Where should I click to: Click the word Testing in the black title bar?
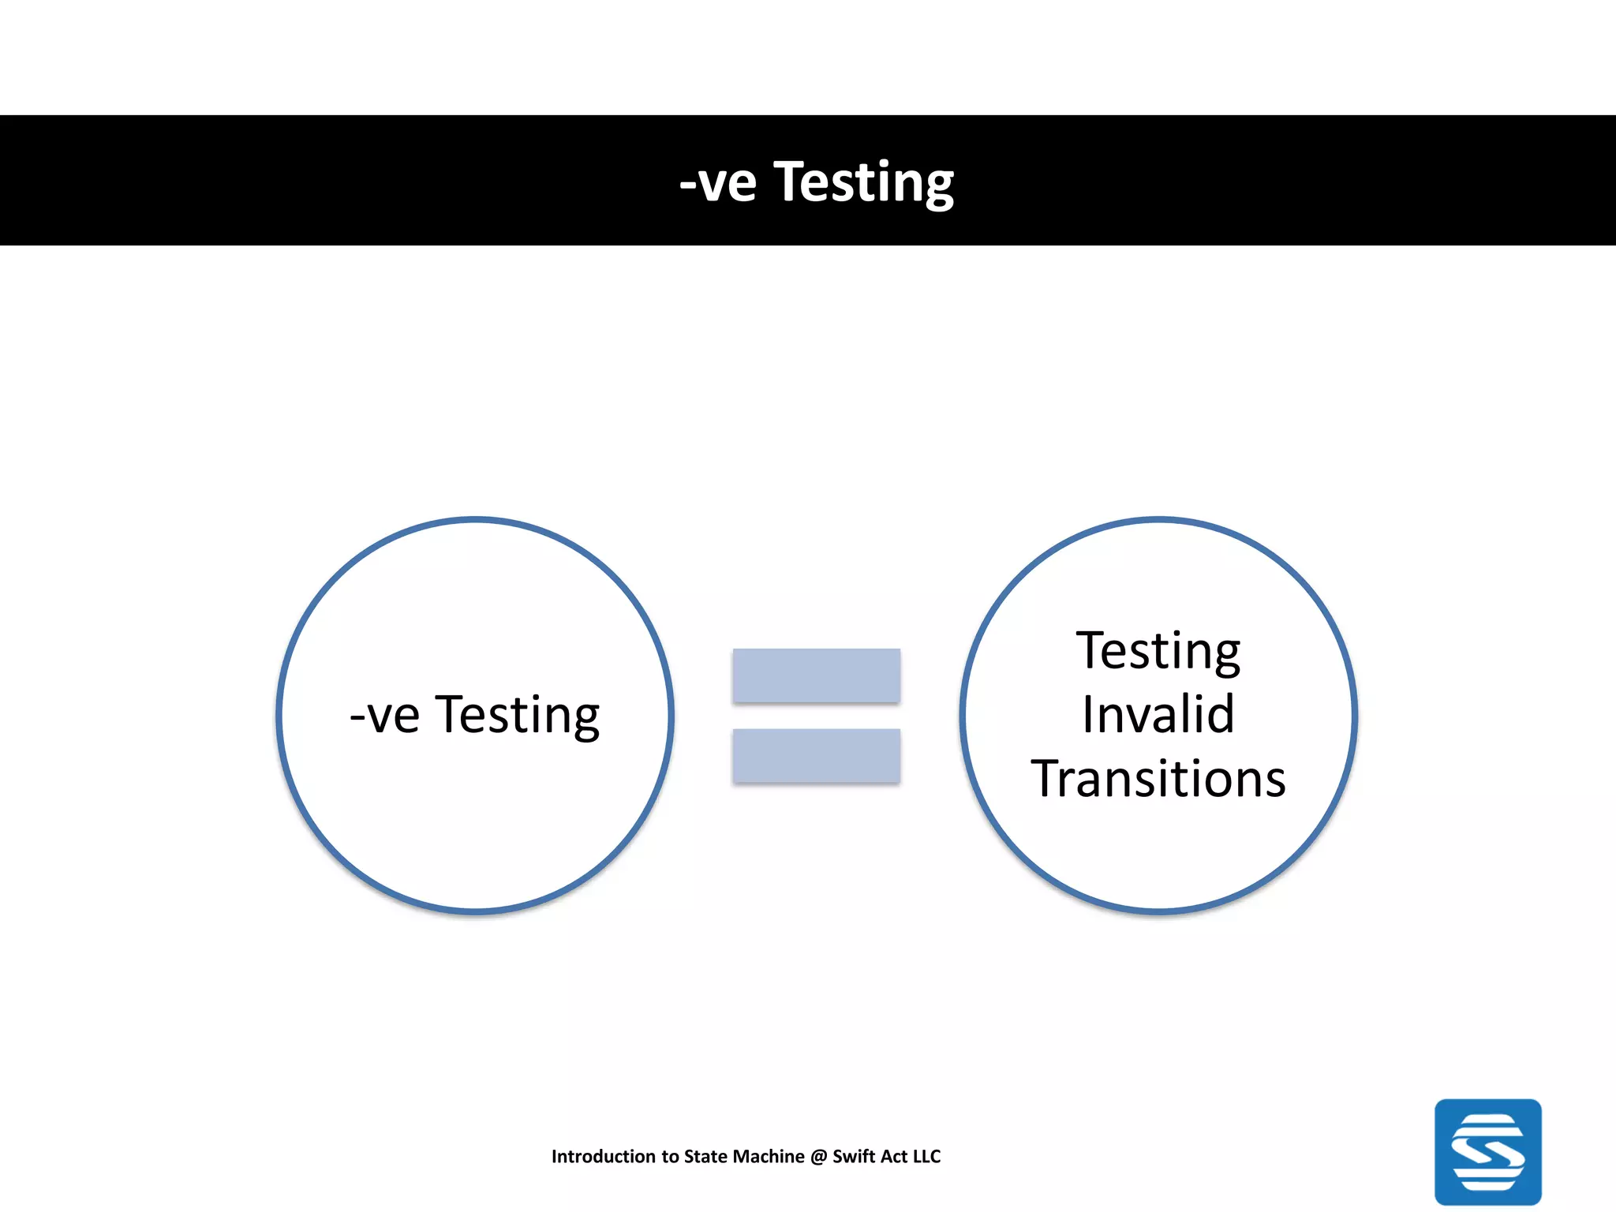pyautogui.click(x=863, y=183)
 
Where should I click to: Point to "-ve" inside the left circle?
pyautogui.click(x=384, y=716)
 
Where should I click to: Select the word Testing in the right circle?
pyautogui.click(x=1158, y=652)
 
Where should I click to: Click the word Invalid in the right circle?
pyautogui.click(x=1158, y=715)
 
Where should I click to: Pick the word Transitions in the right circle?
pyautogui.click(x=1158, y=780)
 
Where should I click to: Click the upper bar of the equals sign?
pyautogui.click(x=816, y=675)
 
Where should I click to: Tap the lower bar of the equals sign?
pyautogui.click(x=816, y=756)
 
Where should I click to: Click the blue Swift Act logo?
pyautogui.click(x=1487, y=1151)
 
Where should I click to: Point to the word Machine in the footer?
pyautogui.click(x=769, y=1157)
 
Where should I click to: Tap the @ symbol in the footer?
pyautogui.click(x=818, y=1157)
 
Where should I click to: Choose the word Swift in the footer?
pyautogui.click(x=854, y=1157)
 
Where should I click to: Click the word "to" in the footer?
pyautogui.click(x=670, y=1157)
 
